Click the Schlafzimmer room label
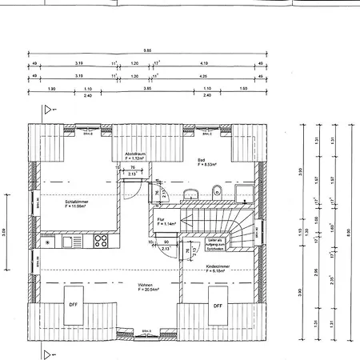tap(76, 202)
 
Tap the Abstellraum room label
tap(134, 155)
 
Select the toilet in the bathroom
tap(217, 190)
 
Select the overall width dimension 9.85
tap(147, 50)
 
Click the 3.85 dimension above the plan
tap(147, 89)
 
